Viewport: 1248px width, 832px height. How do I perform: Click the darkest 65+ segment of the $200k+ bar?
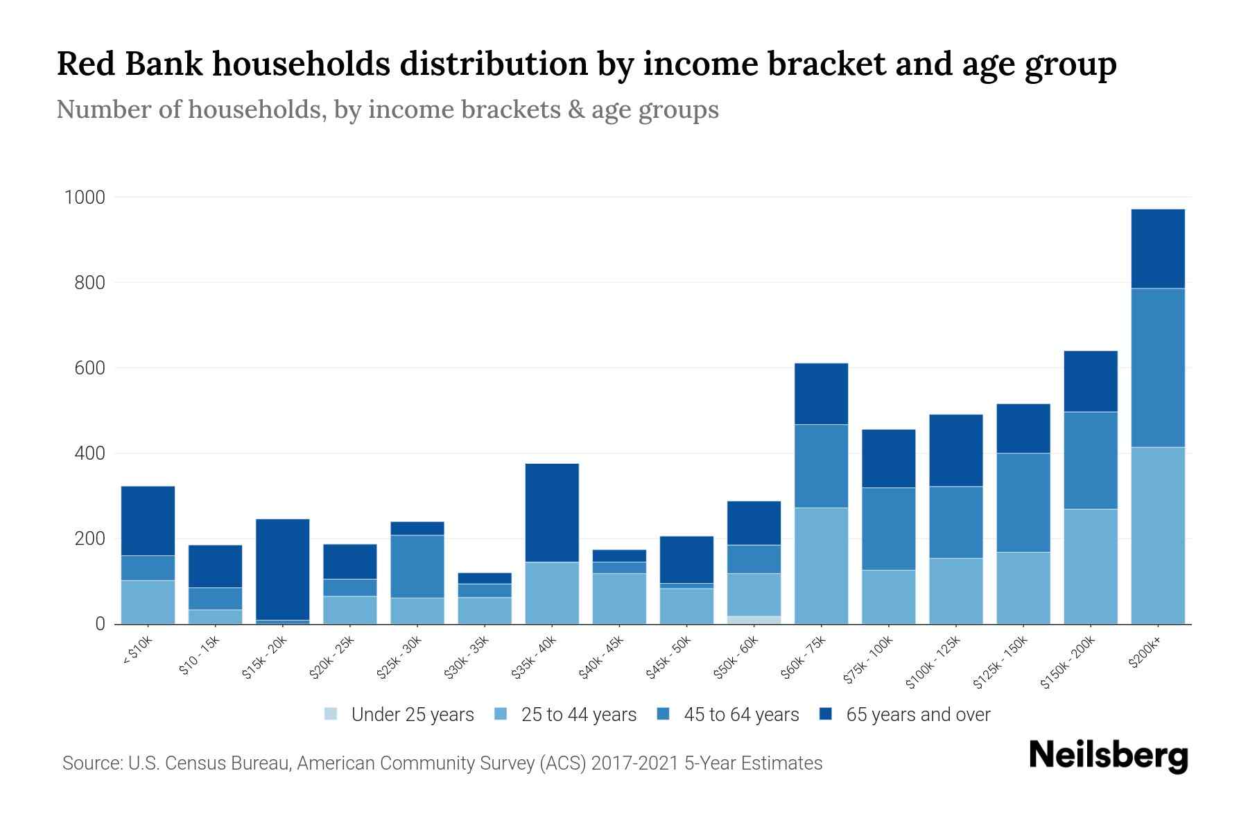coord(1157,248)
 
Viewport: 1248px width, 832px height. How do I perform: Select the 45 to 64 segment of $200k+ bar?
coord(1157,367)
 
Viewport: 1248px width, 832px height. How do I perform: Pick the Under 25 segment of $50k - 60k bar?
coord(754,620)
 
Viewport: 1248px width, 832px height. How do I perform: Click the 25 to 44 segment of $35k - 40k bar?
coord(552,593)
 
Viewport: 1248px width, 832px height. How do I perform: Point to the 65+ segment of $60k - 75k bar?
coord(821,394)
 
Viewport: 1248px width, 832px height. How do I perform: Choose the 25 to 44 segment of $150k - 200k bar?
coord(1090,566)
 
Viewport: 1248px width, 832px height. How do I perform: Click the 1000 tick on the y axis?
coord(85,198)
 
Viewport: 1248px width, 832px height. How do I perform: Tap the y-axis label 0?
coord(101,624)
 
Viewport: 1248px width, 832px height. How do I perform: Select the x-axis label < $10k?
coord(137,652)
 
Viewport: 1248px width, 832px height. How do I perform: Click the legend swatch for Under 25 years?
coord(331,714)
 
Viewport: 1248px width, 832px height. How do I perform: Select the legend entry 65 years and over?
coord(917,714)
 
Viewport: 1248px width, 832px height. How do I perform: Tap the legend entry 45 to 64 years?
coord(740,714)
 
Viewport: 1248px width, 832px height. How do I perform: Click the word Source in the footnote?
coord(91,763)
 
